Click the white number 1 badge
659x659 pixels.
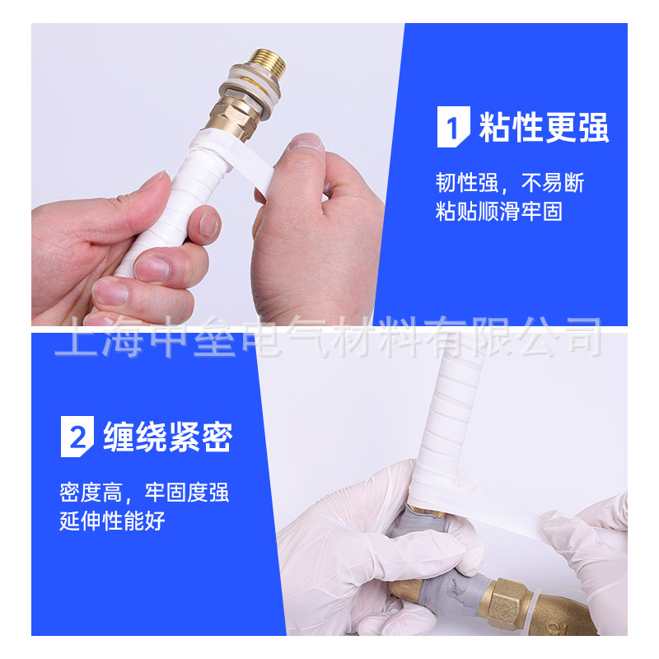click(x=451, y=129)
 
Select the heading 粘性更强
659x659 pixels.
click(x=544, y=129)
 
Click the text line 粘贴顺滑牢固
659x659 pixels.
click(x=499, y=212)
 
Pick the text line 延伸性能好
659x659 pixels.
click(x=112, y=522)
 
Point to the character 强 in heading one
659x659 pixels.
click(x=593, y=129)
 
